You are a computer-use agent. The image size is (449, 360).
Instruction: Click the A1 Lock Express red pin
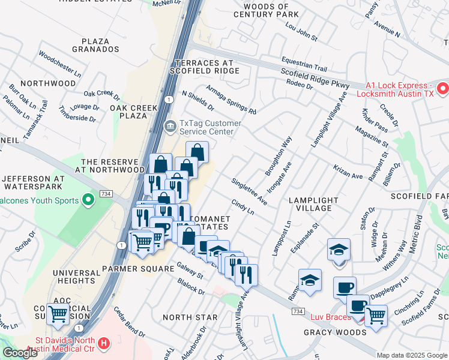(443, 89)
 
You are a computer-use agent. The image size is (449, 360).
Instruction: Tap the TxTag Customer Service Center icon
(170, 126)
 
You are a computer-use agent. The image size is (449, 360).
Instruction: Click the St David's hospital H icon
(104, 343)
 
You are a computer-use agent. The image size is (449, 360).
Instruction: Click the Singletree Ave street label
(249, 191)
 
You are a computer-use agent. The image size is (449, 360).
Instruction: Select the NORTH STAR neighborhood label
(190, 316)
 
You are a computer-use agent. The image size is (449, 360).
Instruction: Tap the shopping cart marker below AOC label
(58, 313)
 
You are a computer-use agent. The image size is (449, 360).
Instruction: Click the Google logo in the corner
(20, 353)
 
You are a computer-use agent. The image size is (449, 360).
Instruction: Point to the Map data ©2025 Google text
(411, 355)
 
